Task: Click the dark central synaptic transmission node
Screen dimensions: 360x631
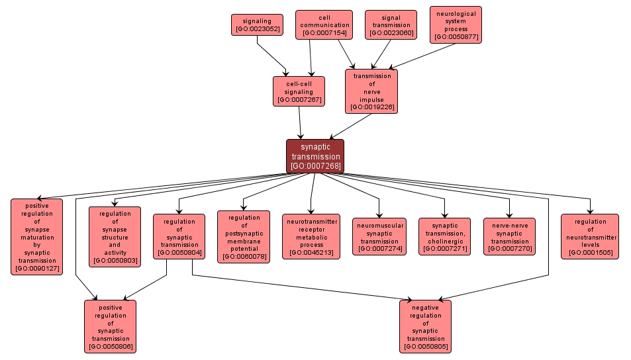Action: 315,156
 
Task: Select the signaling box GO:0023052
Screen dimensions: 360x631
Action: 257,25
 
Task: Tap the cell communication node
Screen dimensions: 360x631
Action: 324,25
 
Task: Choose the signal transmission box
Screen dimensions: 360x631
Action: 391,25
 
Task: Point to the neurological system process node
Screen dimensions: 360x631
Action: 456,24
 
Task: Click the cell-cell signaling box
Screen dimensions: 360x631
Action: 299,91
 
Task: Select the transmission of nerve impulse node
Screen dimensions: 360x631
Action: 371,91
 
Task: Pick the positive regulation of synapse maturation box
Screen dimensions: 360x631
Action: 36,236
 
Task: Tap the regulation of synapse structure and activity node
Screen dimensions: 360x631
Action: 115,236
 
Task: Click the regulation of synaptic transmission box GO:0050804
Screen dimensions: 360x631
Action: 179,236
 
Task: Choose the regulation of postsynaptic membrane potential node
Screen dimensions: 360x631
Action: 244,236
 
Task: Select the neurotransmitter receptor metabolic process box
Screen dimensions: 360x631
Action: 311,236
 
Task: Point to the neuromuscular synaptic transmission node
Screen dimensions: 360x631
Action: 379,236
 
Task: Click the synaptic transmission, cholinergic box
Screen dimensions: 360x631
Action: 444,236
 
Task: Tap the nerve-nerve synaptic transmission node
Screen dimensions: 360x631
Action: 509,236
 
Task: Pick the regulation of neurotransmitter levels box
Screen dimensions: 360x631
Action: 590,236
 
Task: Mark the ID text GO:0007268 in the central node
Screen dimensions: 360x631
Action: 315,166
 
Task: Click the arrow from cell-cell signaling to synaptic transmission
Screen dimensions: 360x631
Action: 301,122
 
